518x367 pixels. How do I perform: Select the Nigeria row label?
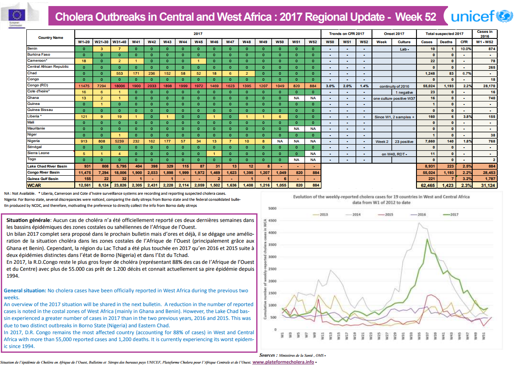34,141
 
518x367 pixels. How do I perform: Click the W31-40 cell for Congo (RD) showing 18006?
119,86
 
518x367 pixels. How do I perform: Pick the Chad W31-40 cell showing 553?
119,73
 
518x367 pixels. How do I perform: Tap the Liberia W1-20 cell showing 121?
84,117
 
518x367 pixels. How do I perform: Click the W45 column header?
198,42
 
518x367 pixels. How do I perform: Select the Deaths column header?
446,42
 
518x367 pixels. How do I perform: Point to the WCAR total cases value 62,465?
426,185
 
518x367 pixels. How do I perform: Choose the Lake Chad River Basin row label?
47,166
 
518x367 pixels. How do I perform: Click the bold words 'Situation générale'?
29,220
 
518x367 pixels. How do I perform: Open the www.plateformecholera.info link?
283,362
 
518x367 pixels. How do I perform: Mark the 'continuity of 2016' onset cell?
394,86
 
